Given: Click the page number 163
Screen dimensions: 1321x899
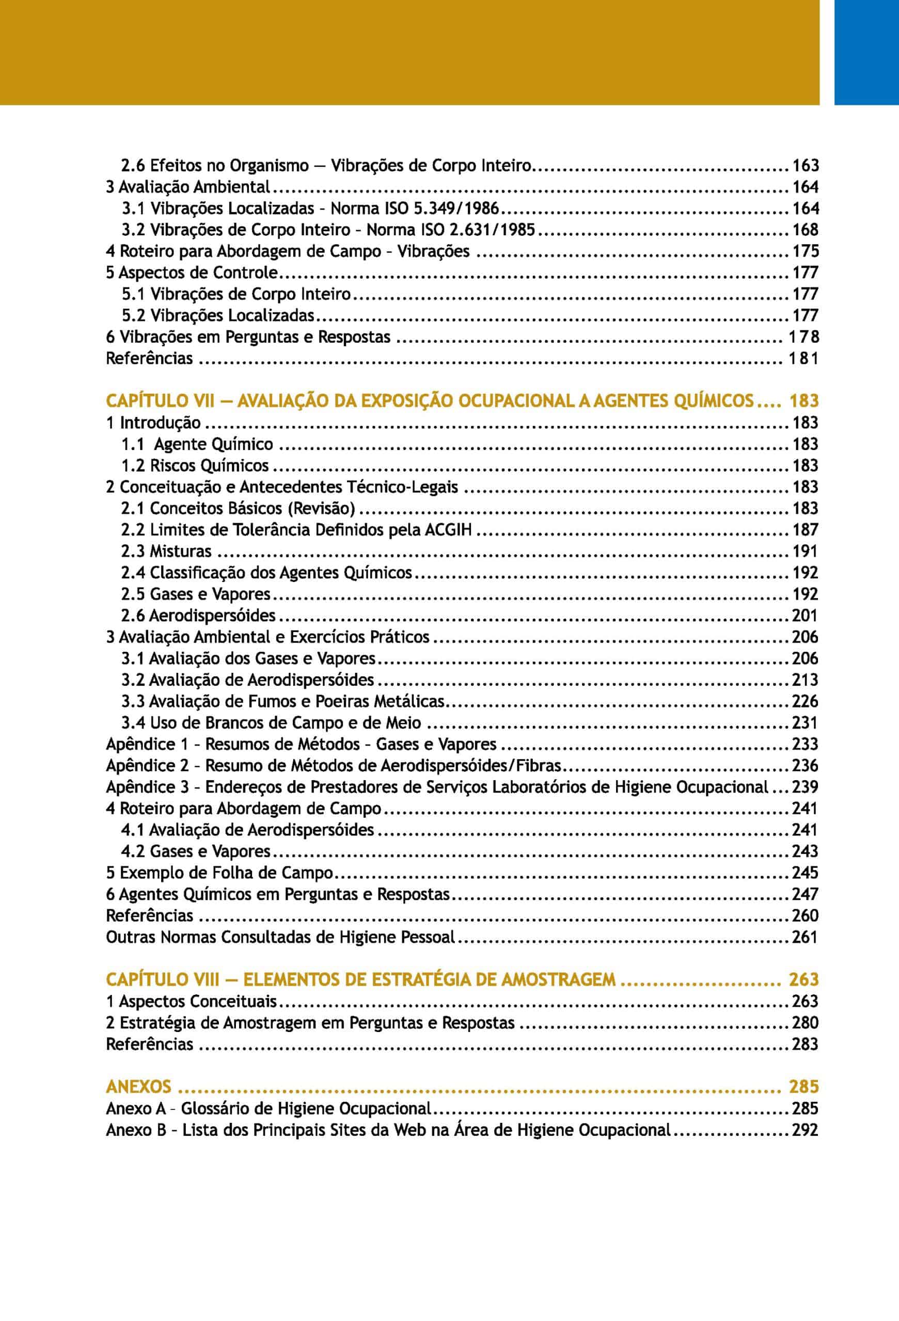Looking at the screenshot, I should pyautogui.click(x=805, y=166).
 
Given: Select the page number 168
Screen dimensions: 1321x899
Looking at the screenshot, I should pyautogui.click(x=805, y=230).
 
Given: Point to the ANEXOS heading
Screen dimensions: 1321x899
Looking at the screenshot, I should pyautogui.click(x=138, y=1087).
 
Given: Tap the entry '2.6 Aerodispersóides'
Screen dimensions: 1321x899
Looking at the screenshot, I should pyautogui.click(x=198, y=616).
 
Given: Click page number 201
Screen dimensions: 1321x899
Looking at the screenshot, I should pyautogui.click(x=805, y=616).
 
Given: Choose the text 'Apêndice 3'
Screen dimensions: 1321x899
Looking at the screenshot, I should pyautogui.click(x=147, y=787).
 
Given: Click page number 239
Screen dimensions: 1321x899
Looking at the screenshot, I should pyautogui.click(x=805, y=787).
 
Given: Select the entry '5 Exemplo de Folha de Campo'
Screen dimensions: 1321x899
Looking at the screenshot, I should pyautogui.click(x=219, y=873).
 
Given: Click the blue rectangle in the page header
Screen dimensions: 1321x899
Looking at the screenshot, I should pyautogui.click(x=866, y=52).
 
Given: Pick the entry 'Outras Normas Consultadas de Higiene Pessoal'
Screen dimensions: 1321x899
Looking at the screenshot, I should pyautogui.click(x=281, y=937).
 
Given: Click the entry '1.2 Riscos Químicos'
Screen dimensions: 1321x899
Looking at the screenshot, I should pyautogui.click(x=195, y=465).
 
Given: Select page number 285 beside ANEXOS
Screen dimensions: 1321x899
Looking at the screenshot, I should pyautogui.click(x=803, y=1087).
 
